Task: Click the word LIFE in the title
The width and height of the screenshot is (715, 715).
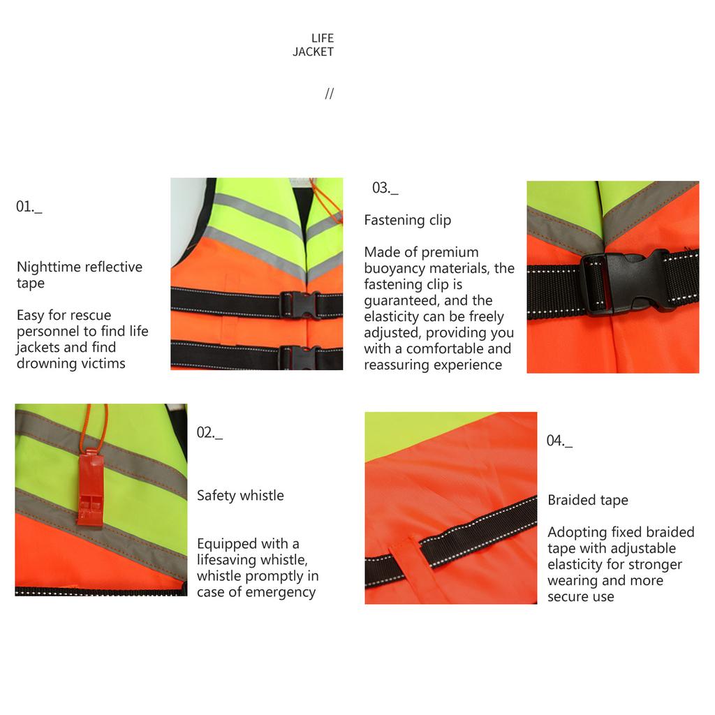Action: pyautogui.click(x=323, y=38)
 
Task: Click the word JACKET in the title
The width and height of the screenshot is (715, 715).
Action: pyautogui.click(x=314, y=52)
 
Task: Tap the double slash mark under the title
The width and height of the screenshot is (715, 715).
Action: pyautogui.click(x=330, y=94)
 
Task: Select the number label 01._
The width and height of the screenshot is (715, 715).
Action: pyautogui.click(x=29, y=207)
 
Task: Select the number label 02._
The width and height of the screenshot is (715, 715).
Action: pyautogui.click(x=209, y=433)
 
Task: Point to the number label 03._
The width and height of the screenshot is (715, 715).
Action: pyautogui.click(x=385, y=188)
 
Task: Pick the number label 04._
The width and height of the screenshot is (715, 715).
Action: pyautogui.click(x=559, y=441)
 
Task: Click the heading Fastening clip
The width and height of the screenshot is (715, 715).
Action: pyautogui.click(x=408, y=220)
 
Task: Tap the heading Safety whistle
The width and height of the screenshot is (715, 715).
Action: pyautogui.click(x=240, y=495)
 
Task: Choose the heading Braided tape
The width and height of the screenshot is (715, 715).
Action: pyautogui.click(x=588, y=500)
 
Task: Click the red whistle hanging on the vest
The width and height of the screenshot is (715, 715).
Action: pyautogui.click(x=90, y=489)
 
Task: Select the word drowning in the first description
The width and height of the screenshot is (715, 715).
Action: pyautogui.click(x=42, y=363)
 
